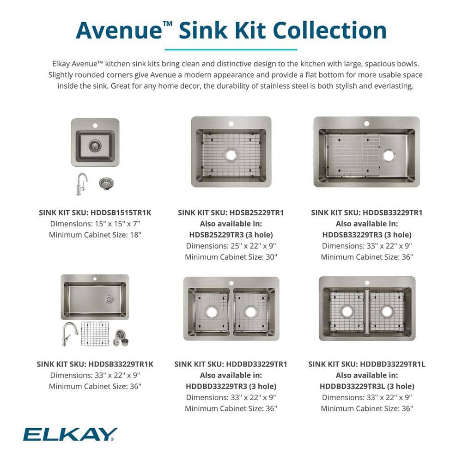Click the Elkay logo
[x=70, y=434]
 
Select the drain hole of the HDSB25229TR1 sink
[x=231, y=155]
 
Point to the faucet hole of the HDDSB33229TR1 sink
[x=366, y=123]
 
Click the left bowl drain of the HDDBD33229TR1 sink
[x=212, y=312]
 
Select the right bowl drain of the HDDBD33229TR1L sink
[x=387, y=311]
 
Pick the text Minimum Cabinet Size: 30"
[x=231, y=257]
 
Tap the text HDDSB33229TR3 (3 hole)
[x=367, y=235]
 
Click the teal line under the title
[x=231, y=49]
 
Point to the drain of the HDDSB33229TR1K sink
[x=109, y=299]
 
